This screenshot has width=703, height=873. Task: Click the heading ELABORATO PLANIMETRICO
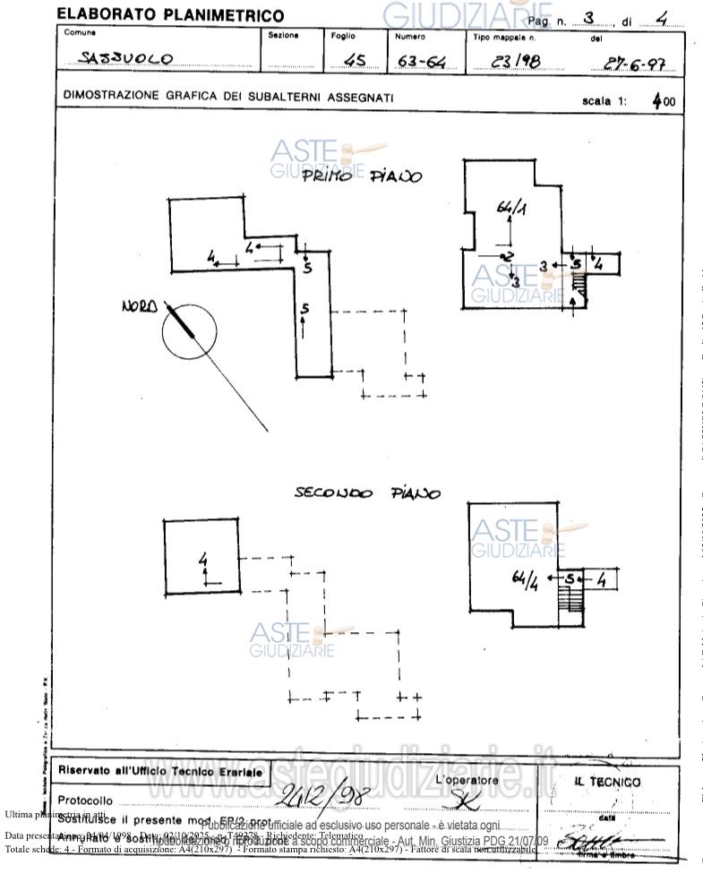click(170, 15)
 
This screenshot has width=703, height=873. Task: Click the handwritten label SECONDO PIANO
click(367, 493)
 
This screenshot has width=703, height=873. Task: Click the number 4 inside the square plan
click(203, 561)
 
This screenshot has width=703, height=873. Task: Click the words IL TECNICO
click(607, 782)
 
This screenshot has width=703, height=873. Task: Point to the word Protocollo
click(85, 800)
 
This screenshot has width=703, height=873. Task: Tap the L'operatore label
click(466, 780)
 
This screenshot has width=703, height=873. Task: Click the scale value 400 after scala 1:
click(664, 102)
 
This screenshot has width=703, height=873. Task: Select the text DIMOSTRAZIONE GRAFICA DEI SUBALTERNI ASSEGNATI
click(228, 97)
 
